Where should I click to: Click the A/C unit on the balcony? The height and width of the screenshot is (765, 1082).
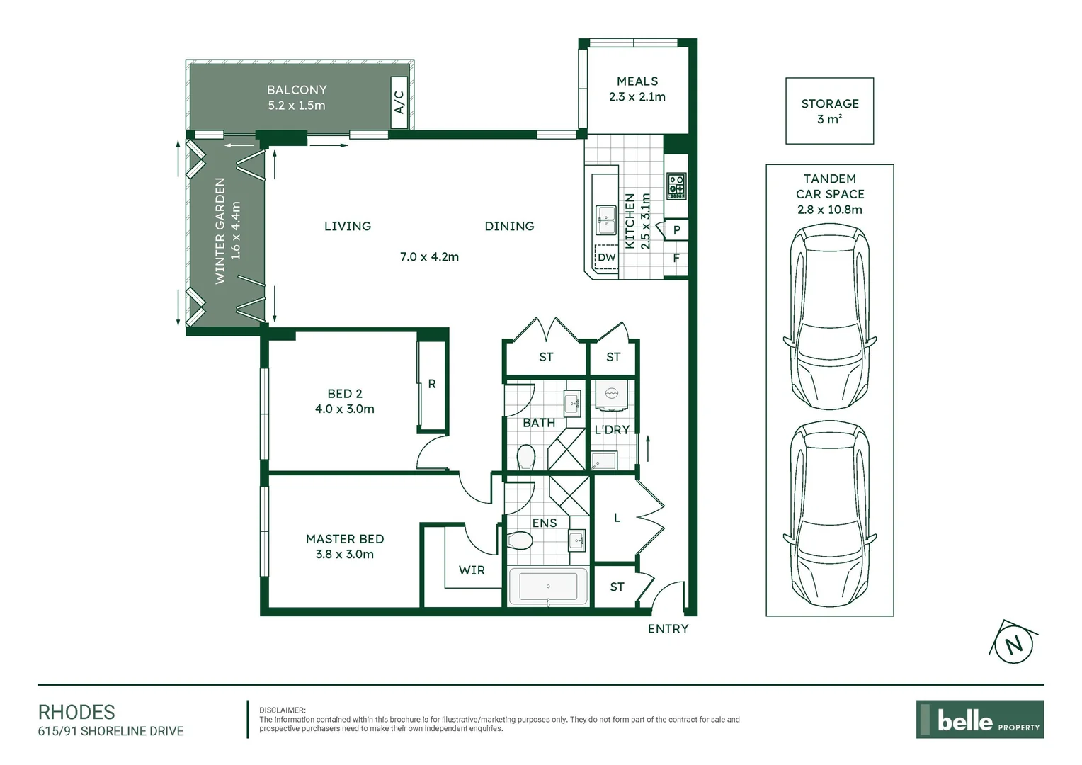(x=399, y=102)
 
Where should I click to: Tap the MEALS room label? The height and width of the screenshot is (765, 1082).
(x=637, y=81)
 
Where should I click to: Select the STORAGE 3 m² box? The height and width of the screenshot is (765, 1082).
(x=829, y=111)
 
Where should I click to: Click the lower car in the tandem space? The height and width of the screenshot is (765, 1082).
(x=829, y=513)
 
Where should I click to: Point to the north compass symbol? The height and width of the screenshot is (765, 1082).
(x=1013, y=644)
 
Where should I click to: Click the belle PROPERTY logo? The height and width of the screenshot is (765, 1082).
(x=979, y=720)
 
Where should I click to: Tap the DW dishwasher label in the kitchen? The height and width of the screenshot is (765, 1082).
(x=607, y=257)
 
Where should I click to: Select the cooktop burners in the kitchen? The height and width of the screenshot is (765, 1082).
(x=676, y=186)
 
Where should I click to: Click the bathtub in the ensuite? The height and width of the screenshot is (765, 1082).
(x=548, y=586)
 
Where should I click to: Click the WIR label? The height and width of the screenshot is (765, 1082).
(x=472, y=570)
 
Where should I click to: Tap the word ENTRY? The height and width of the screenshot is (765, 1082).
(x=668, y=629)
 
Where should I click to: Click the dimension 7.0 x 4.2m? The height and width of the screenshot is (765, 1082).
(x=429, y=256)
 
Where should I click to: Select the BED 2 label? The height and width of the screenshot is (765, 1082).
(x=345, y=394)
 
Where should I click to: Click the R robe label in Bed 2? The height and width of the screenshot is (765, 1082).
(x=432, y=384)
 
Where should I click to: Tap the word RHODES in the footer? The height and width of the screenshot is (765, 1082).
(x=76, y=712)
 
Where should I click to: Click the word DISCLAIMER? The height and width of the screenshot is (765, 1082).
(x=282, y=710)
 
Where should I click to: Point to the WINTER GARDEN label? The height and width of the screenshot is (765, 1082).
(x=220, y=231)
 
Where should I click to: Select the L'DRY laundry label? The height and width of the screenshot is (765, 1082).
(x=612, y=429)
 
